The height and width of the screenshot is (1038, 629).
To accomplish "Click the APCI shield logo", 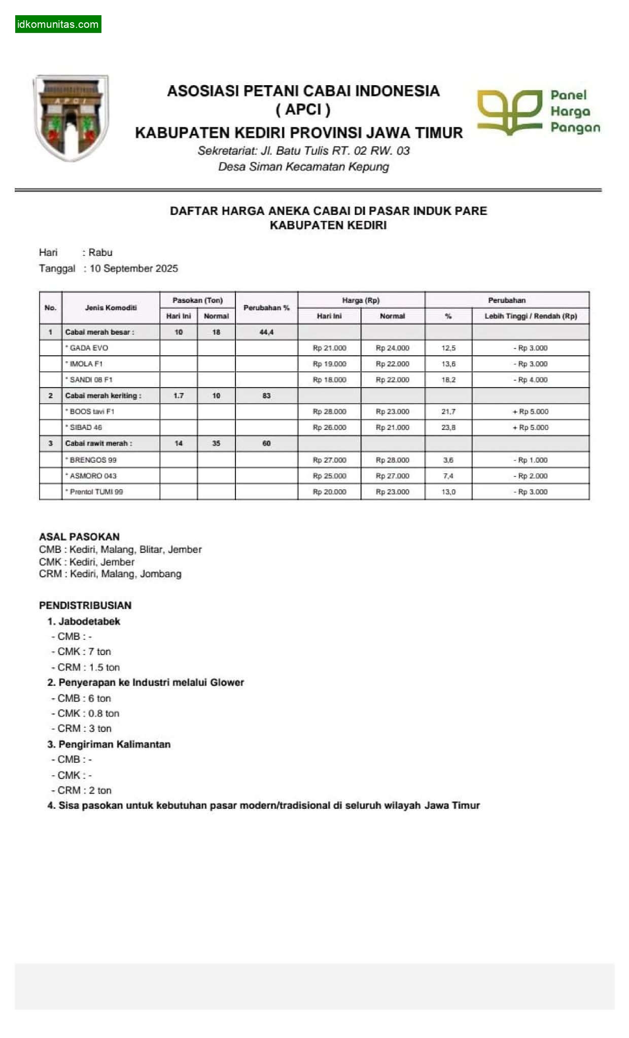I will pos(71,118).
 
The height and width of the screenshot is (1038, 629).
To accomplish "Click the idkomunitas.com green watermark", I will pos(58,24).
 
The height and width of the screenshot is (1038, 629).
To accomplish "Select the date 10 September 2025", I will pos(133,269).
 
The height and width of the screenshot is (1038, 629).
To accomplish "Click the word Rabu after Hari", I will pos(100,252).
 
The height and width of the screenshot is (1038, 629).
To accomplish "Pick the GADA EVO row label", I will pos(89,348).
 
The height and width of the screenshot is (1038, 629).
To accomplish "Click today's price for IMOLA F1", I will pos(329,364).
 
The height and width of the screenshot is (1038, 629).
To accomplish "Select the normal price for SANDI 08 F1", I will pos(392,380).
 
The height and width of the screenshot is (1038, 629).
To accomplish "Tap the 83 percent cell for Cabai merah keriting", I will pos(266,395).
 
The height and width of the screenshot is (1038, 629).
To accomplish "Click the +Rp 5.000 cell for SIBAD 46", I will pos(530,427).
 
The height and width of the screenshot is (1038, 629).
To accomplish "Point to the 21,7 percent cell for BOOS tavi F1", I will pos(448,412).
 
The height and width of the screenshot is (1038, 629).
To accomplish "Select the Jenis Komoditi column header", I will pos(111,308).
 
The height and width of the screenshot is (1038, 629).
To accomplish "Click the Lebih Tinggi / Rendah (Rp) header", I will pos(531,316).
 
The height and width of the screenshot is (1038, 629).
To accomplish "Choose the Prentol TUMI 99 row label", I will pos(96,492).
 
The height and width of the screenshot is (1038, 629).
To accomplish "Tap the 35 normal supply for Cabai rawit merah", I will pos(216,443).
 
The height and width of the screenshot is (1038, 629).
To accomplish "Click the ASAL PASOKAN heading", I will pos(79,536).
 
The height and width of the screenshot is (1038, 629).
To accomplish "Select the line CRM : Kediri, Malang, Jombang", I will pos(110,574).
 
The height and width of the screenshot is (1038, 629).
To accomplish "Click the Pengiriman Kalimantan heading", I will pos(114,744).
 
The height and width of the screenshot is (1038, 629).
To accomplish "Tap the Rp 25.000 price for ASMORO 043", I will pos(329,476).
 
